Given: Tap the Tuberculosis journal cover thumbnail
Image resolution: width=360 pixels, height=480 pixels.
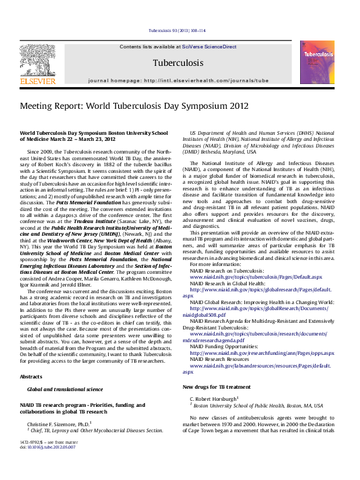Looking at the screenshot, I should tap(316, 62).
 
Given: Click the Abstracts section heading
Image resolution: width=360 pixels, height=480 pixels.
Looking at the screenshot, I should tap(31, 376).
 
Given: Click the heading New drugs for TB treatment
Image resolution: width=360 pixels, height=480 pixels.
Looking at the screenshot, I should tap(216, 387).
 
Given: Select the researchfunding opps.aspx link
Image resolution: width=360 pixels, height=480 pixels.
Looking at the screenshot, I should tap(262, 353).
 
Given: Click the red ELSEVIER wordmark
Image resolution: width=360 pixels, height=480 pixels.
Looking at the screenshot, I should tap(38, 80).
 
